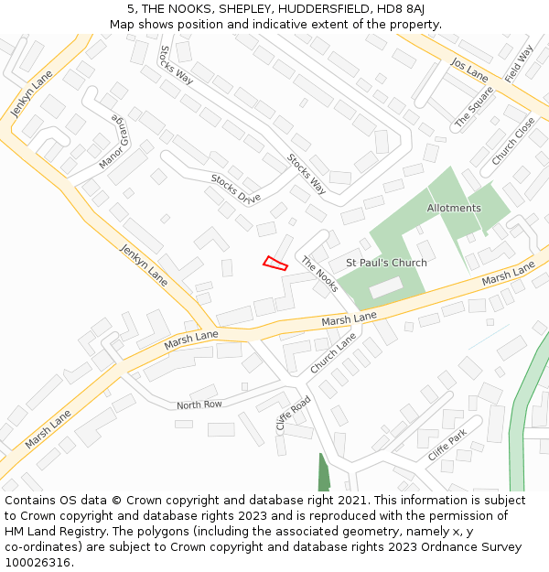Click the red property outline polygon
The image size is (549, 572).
275,264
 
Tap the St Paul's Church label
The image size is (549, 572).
386,263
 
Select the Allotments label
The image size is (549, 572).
453,208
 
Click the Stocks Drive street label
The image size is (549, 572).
235,188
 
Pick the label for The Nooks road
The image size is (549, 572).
319,274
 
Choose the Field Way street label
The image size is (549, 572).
518,63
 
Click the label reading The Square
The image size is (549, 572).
474,107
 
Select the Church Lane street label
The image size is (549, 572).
332,353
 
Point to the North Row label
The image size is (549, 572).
199,405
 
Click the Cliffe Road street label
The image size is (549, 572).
294,414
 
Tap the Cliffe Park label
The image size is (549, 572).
447,445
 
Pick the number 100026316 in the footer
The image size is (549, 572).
37,562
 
